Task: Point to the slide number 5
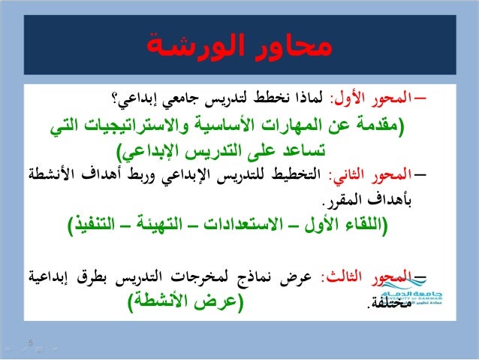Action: point(31,344)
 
